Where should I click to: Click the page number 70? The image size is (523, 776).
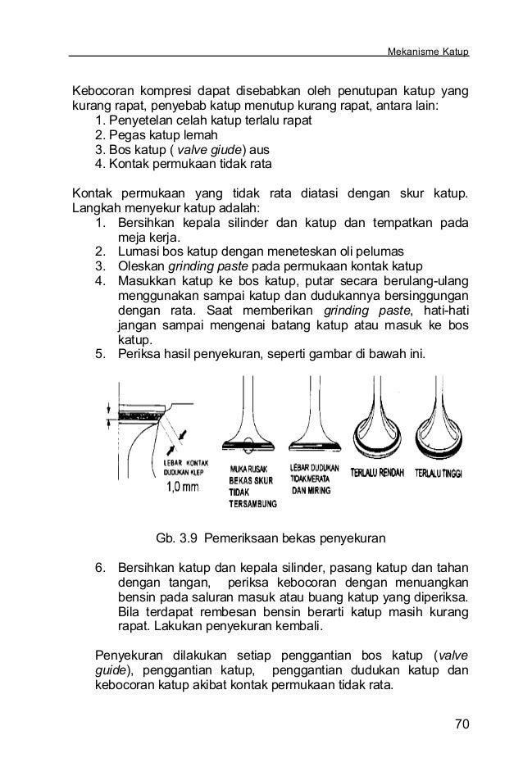pos(462,724)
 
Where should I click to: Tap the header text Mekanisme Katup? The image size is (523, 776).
pos(428,52)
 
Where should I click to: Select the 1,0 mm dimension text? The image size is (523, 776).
pos(183,487)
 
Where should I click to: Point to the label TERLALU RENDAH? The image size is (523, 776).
pos(377,473)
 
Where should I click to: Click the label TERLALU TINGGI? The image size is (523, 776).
pos(439,474)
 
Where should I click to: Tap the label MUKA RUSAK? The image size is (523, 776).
pos(248,469)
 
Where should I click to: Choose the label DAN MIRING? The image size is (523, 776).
pos(311,491)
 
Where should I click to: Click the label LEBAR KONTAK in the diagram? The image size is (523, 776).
pos(186,463)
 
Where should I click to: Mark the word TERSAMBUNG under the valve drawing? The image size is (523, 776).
pos(252,504)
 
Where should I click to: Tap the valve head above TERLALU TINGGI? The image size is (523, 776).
pos(439,437)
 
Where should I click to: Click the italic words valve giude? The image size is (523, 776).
pos(210,149)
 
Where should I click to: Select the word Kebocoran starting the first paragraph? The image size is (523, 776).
pos(103,91)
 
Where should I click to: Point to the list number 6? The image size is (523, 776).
pos(100,568)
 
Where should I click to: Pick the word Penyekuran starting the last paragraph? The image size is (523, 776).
pos(129,656)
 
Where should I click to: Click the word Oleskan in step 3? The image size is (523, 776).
pos(141,266)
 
